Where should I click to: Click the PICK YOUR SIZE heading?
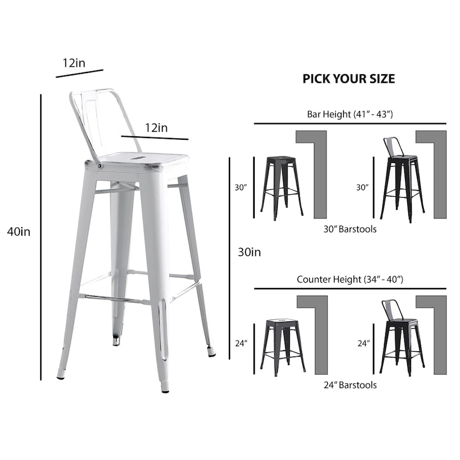[348, 79]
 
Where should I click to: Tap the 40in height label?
[19, 232]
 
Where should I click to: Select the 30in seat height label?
[250, 252]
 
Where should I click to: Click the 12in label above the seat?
[156, 128]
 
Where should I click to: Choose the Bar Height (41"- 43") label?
[350, 114]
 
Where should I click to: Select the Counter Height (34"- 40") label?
[350, 279]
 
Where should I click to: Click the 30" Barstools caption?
[350, 229]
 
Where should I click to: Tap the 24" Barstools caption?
[350, 385]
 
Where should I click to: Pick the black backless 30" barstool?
[282, 187]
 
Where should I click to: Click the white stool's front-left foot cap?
[61, 377]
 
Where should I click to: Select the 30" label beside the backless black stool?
[240, 187]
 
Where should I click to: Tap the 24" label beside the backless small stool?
[241, 343]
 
